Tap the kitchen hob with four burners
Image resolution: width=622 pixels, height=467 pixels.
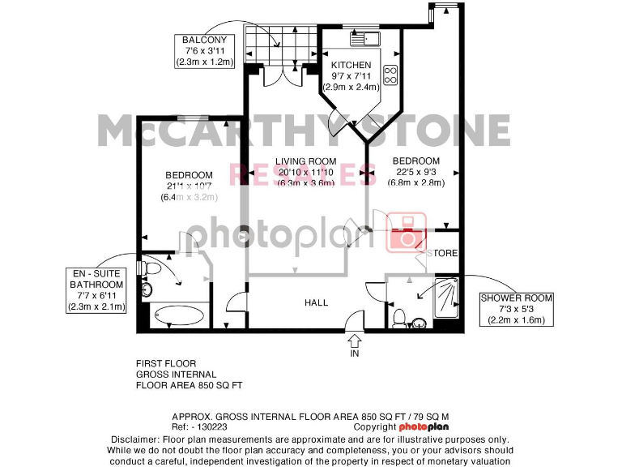click(x=390, y=75)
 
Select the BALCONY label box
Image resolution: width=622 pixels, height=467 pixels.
click(x=207, y=50)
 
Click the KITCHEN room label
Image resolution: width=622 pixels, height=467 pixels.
click(x=351, y=65)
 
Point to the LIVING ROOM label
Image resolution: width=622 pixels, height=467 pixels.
click(x=305, y=161)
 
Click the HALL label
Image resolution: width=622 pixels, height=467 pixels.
click(x=316, y=302)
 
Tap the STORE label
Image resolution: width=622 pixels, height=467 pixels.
click(x=445, y=254)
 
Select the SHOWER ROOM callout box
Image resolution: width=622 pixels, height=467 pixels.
click(x=517, y=309)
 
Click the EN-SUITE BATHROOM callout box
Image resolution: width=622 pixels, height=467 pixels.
click(x=96, y=290)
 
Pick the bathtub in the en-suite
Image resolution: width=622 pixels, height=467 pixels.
click(x=178, y=315)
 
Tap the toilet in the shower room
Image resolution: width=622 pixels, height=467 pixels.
click(x=398, y=317)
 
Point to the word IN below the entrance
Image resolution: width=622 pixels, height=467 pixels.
click(x=354, y=353)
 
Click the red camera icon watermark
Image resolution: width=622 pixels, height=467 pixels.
click(x=405, y=232)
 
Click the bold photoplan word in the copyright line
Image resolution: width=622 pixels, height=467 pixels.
click(x=424, y=426)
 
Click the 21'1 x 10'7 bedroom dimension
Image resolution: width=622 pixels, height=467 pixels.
click(x=189, y=186)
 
